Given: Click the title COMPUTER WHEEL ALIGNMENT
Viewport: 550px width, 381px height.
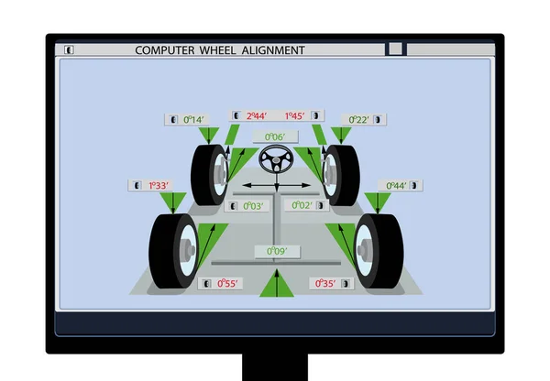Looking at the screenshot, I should (220, 49).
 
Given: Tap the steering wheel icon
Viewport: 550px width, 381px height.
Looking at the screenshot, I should (274, 162).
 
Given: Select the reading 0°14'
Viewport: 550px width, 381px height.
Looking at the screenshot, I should (194, 119).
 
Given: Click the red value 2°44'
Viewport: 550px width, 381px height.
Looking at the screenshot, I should (256, 116).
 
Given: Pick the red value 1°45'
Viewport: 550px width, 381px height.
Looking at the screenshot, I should (294, 116).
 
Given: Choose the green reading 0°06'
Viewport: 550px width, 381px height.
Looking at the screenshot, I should (275, 136).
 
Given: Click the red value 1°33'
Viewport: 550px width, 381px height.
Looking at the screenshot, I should (160, 185).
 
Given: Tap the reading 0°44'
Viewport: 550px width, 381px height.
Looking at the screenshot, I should (396, 185).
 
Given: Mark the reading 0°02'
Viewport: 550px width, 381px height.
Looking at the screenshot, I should (302, 205).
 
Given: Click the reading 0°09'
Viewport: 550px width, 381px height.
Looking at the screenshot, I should (276, 251).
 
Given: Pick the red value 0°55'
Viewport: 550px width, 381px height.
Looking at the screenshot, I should (225, 283).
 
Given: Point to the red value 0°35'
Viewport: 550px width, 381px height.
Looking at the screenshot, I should (325, 283).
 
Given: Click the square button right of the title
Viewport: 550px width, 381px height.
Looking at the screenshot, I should (395, 49).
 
